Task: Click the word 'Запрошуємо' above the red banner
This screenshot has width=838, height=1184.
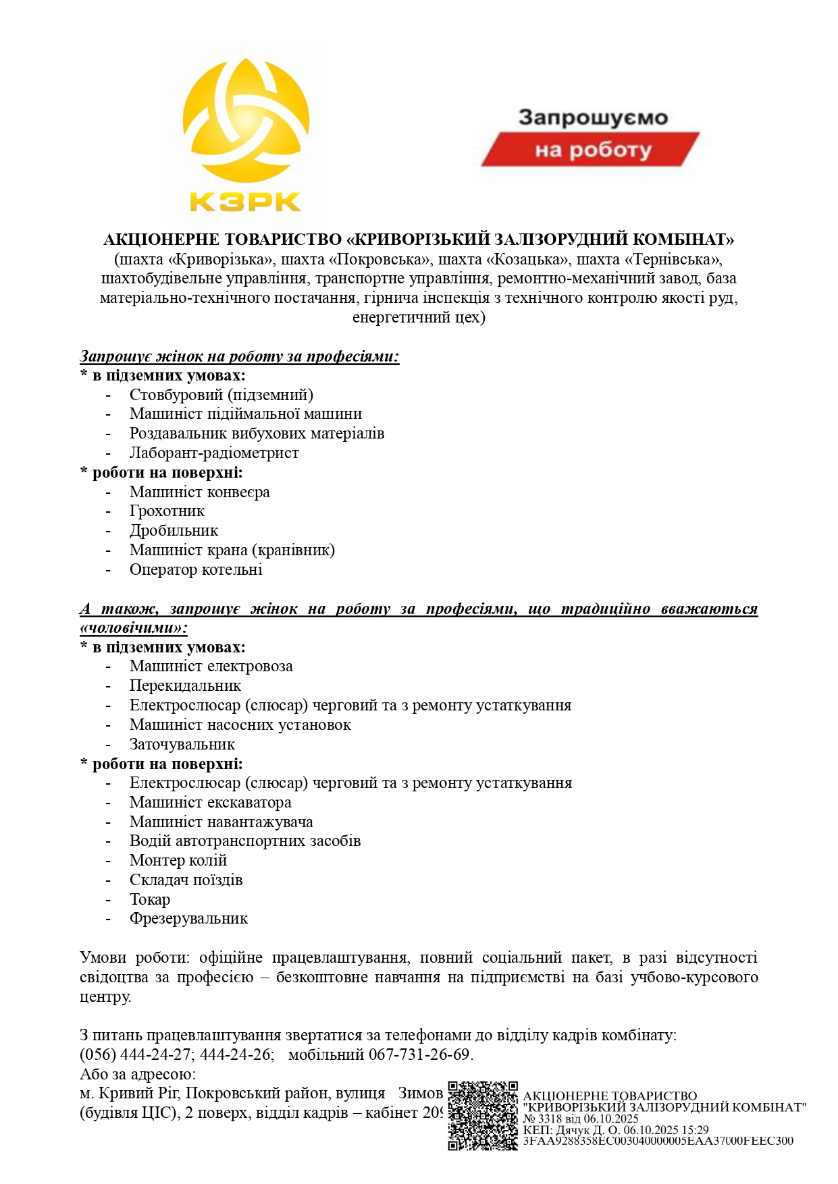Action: pyautogui.click(x=593, y=117)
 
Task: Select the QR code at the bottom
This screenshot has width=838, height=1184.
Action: pyautogui.click(x=482, y=1115)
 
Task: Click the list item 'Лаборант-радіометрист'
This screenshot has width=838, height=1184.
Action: pyautogui.click(x=214, y=453)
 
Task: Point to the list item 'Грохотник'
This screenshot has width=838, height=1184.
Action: pyautogui.click(x=167, y=511)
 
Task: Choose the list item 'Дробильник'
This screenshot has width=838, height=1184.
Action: pyautogui.click(x=174, y=530)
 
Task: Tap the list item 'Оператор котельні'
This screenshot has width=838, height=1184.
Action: pyautogui.click(x=196, y=569)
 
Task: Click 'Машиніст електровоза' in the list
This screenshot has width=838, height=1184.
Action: pyautogui.click(x=211, y=667)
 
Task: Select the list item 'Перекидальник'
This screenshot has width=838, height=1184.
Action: pyautogui.click(x=185, y=685)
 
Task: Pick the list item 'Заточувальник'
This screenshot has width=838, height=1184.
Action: pyautogui.click(x=182, y=744)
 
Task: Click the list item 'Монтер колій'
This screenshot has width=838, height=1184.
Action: pyautogui.click(x=178, y=860)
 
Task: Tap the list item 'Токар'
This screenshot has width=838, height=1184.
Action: pyautogui.click(x=150, y=899)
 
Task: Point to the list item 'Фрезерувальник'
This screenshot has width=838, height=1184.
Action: pyautogui.click(x=188, y=918)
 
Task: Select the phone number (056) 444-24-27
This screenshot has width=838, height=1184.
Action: pyautogui.click(x=135, y=1054)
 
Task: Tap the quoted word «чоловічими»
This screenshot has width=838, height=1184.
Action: pyautogui.click(x=134, y=628)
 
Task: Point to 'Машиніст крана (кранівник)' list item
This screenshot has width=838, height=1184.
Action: pyautogui.click(x=232, y=550)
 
